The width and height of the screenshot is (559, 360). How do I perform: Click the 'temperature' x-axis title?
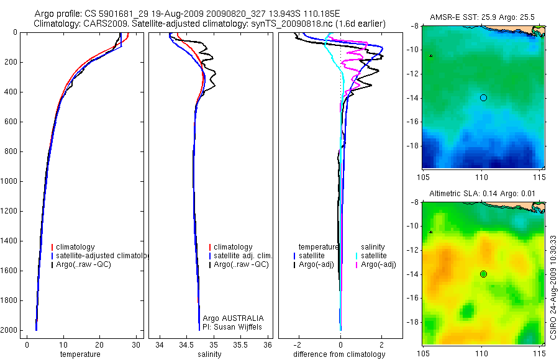[80, 354]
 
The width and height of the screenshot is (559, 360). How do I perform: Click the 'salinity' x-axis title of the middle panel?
[209, 354]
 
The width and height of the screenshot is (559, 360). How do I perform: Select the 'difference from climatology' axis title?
[339, 354]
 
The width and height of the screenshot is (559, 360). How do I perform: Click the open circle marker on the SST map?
[483, 97]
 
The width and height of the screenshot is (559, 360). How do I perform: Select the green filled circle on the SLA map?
[483, 274]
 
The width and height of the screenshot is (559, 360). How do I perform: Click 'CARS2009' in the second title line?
[100, 24]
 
